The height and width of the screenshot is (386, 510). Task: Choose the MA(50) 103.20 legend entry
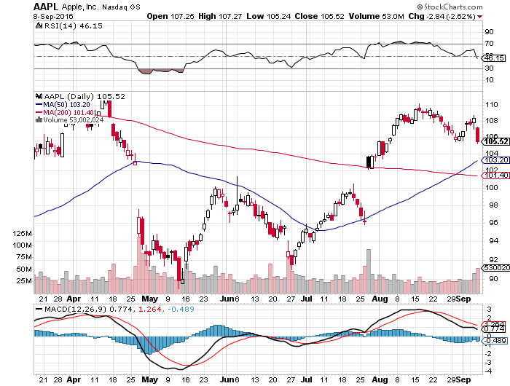(68, 104)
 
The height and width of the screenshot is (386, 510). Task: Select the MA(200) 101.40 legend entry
(70, 112)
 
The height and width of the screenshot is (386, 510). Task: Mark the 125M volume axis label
(23, 233)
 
